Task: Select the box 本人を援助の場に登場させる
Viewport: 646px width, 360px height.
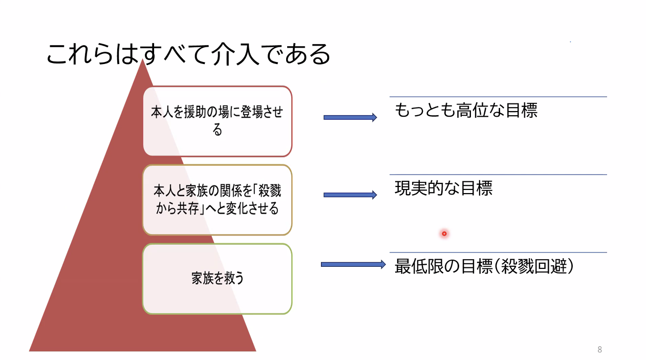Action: pyautogui.click(x=218, y=121)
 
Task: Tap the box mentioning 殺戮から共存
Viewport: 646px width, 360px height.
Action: pyautogui.click(x=218, y=200)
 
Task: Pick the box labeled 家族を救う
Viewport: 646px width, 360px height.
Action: pyautogui.click(x=218, y=279)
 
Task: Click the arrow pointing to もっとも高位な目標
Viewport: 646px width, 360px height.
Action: pyautogui.click(x=350, y=117)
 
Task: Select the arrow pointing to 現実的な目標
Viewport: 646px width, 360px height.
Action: pyautogui.click(x=350, y=195)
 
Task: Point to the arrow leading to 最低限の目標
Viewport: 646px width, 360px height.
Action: pyautogui.click(x=353, y=264)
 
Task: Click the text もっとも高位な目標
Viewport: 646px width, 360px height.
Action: pyautogui.click(x=466, y=111)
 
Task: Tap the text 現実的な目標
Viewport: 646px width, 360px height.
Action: pyautogui.click(x=443, y=188)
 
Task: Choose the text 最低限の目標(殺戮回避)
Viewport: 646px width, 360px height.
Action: pyautogui.click(x=483, y=267)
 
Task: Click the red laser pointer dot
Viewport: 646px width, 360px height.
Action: pyautogui.click(x=444, y=234)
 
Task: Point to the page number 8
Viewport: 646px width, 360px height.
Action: pyautogui.click(x=599, y=350)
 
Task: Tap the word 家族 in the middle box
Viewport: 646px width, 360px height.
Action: pyautogui.click(x=186, y=192)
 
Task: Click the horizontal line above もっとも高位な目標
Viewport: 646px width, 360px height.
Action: pyautogui.click(x=498, y=97)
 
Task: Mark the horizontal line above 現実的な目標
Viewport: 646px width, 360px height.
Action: pyautogui.click(x=498, y=175)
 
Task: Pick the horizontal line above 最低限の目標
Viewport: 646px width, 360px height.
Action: pyautogui.click(x=498, y=252)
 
